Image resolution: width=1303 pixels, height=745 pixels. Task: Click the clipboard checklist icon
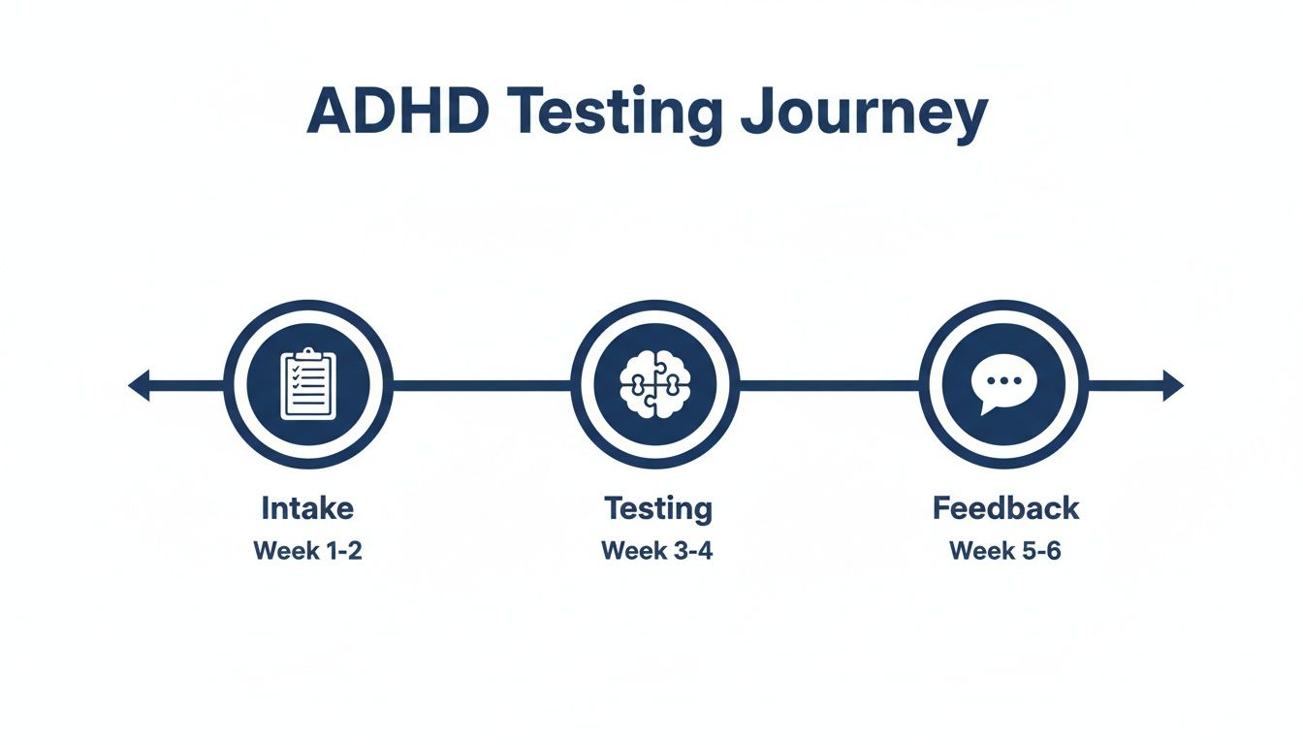(x=307, y=385)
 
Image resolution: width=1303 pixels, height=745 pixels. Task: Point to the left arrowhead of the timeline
(x=140, y=385)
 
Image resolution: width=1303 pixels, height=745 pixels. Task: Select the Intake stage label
(x=307, y=507)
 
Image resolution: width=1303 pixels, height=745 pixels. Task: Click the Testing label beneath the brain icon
(x=657, y=507)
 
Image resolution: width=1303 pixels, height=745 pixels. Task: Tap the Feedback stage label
(x=1005, y=507)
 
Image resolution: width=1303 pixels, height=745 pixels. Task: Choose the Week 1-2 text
(x=307, y=551)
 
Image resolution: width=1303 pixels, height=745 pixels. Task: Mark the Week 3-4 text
(x=656, y=551)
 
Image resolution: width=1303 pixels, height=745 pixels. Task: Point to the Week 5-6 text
(x=1005, y=551)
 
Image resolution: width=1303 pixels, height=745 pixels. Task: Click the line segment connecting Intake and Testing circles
(x=481, y=385)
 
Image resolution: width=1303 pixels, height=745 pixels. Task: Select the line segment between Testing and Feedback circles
(x=829, y=385)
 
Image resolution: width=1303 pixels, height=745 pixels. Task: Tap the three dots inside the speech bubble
(x=1002, y=379)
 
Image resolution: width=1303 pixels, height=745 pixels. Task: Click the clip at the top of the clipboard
(x=307, y=357)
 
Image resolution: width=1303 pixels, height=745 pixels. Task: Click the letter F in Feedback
(x=941, y=507)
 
